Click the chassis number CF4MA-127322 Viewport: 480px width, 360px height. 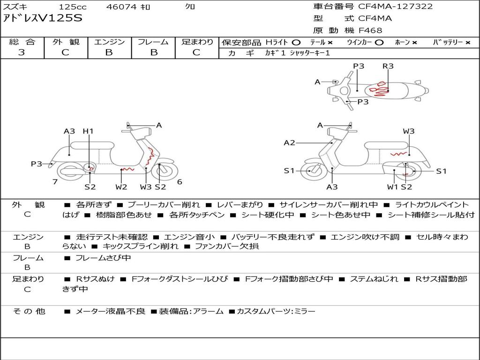click(395, 7)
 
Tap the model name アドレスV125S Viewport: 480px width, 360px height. click(43, 18)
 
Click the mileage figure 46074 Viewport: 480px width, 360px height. click(121, 7)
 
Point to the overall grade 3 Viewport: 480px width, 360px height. click(22, 52)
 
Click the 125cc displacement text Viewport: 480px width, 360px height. click(73, 7)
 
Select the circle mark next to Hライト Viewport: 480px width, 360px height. click(296, 43)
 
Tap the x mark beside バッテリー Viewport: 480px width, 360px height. click(468, 43)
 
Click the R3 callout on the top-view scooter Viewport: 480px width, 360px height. click(388, 66)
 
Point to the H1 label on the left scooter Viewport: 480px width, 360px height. click(88, 131)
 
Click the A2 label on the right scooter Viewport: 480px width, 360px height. click(289, 142)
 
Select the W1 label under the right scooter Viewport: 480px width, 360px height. click(393, 187)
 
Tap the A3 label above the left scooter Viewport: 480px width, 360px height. click(69, 131)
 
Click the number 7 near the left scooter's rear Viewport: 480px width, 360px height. click(55, 181)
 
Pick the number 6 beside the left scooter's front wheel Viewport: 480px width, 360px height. click(180, 181)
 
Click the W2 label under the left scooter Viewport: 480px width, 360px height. click(121, 187)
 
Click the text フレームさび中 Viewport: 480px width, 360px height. click(103, 258)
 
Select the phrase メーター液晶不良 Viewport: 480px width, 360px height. click(110, 311)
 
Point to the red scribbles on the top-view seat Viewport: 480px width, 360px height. click(379, 89)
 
